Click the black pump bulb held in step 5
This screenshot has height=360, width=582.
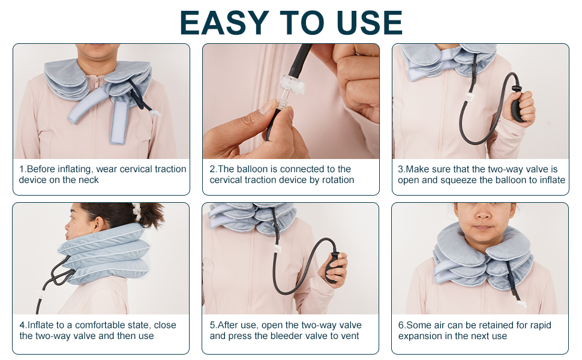pos(332,267)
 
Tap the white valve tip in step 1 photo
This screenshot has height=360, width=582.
pos(155,113)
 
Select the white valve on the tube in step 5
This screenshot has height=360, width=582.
pos(276,248)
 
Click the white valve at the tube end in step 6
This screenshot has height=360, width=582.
pos(521,305)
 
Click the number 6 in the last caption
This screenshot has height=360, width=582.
pos(400,325)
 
